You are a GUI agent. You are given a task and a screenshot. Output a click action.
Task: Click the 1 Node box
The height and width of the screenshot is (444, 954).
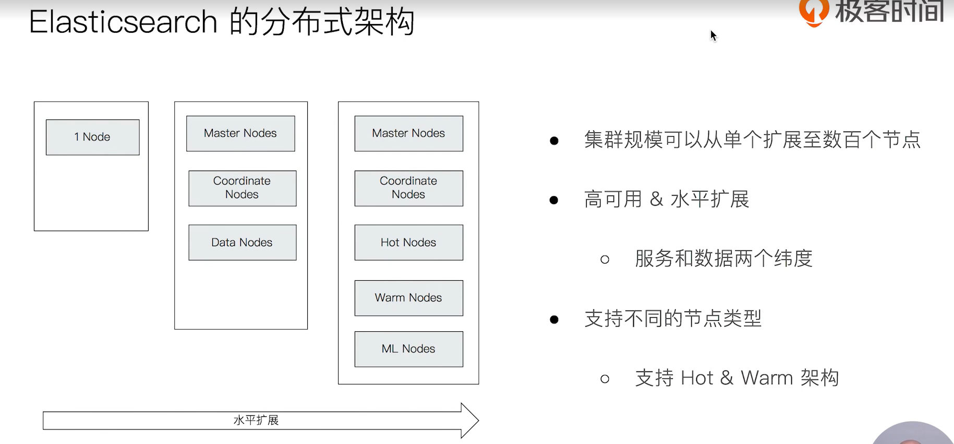coord(93,137)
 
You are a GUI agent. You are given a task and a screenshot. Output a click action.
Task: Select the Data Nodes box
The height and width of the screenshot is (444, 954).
coord(242,243)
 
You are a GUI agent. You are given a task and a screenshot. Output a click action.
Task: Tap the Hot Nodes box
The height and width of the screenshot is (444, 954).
coord(408,243)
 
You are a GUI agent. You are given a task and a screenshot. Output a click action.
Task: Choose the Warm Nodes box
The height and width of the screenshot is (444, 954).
coord(408,298)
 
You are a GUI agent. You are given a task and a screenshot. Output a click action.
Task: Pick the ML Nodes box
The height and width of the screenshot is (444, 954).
coord(408,349)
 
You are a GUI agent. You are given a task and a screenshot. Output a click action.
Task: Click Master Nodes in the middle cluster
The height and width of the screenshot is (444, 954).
coord(240,134)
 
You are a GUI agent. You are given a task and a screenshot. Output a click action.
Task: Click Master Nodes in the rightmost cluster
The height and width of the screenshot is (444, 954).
coord(408,134)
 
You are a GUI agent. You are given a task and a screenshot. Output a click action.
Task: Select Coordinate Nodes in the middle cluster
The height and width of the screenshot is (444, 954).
coord(242,188)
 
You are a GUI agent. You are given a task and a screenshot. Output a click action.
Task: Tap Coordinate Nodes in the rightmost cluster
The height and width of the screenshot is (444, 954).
coord(408,188)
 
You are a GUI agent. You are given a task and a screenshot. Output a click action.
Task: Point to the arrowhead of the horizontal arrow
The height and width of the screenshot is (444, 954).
coord(469,421)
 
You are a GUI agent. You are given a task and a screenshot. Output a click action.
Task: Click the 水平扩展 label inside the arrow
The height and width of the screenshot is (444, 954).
coord(256,421)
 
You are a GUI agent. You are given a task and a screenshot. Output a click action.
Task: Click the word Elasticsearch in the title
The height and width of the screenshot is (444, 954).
coord(123,22)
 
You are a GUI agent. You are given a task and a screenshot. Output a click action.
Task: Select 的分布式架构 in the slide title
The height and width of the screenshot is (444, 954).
coord(322,22)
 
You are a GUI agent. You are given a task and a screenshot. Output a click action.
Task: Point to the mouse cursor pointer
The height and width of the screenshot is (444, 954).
coord(713,35)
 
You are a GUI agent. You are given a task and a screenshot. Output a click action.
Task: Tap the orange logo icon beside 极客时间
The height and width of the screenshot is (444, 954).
coord(813,11)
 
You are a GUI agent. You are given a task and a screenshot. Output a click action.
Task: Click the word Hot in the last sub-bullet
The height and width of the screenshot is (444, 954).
coord(696,378)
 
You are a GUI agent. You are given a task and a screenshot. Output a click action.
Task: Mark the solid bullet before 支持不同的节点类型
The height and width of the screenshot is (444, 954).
coord(554,319)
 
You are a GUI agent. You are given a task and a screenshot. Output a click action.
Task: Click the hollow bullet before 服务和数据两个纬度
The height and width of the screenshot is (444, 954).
coord(605,259)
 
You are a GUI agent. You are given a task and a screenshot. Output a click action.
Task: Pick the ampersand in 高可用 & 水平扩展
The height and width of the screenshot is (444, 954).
coord(656,199)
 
